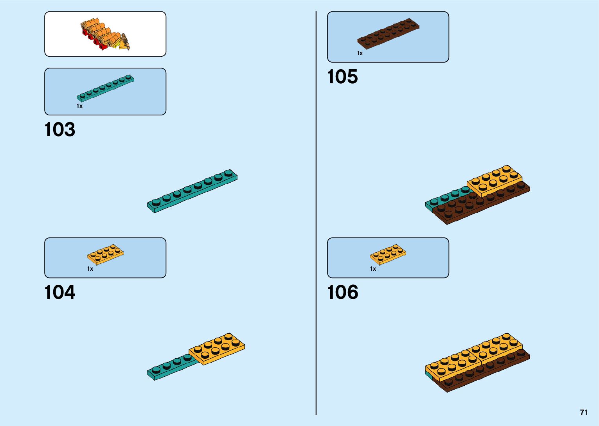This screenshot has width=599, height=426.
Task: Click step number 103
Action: pyautogui.click(x=59, y=129)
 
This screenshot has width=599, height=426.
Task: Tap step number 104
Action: pyautogui.click(x=59, y=292)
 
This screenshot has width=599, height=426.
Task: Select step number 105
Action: pyautogui.click(x=342, y=77)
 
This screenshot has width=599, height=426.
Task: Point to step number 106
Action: pyautogui.click(x=342, y=292)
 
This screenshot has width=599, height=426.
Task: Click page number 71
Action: pyautogui.click(x=584, y=412)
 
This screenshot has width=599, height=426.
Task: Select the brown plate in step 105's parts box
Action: pyautogui.click(x=388, y=33)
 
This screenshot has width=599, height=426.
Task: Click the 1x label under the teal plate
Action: pyautogui.click(x=79, y=106)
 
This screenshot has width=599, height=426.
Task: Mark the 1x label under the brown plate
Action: pyautogui.click(x=360, y=53)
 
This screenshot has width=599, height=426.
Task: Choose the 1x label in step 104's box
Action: pyautogui.click(x=90, y=269)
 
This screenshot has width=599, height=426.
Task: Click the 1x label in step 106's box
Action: pyautogui.click(x=373, y=269)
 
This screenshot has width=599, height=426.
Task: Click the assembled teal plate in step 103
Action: pyautogui.click(x=192, y=191)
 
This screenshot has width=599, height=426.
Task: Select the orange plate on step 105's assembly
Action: pyautogui.click(x=495, y=180)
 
